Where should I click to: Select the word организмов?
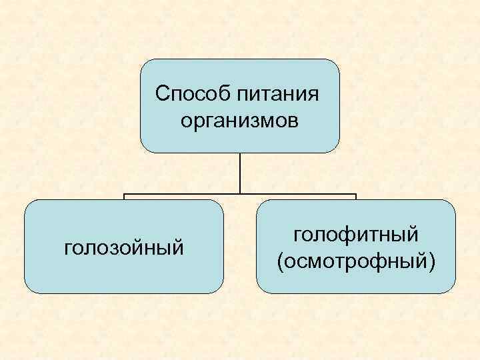[x=240, y=121]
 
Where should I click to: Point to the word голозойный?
[x=123, y=248]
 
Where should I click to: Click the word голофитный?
[x=356, y=234]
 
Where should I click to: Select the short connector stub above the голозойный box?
[x=124, y=197]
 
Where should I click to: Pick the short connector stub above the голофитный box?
[x=356, y=197]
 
